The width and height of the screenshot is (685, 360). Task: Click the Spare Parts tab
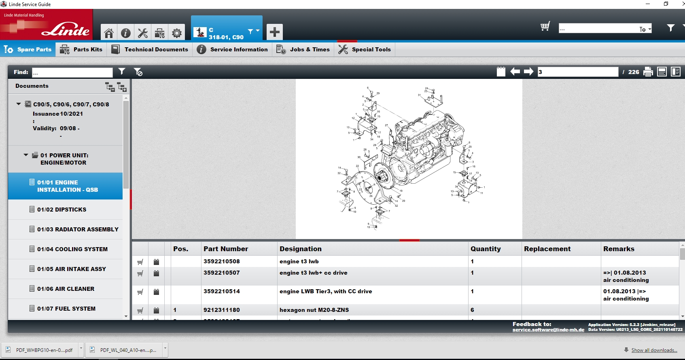pyautogui.click(x=28, y=49)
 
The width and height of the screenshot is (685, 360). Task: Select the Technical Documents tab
pyautogui.click(x=150, y=49)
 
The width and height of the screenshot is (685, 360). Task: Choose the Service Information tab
pyautogui.click(x=232, y=49)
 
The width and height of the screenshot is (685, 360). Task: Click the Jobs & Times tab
pyautogui.click(x=303, y=49)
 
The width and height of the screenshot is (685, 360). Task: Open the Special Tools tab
pyautogui.click(x=365, y=49)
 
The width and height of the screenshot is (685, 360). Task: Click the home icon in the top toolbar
pyautogui.click(x=108, y=33)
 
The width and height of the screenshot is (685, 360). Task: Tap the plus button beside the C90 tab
pyautogui.click(x=274, y=32)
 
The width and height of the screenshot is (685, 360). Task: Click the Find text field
pyautogui.click(x=72, y=72)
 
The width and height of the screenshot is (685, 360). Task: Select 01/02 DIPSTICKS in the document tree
pyautogui.click(x=62, y=210)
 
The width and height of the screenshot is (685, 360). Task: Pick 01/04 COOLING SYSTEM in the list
pyautogui.click(x=72, y=249)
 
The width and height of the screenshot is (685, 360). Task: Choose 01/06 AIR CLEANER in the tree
pyautogui.click(x=66, y=289)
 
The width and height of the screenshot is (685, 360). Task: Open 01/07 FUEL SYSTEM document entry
pyautogui.click(x=66, y=309)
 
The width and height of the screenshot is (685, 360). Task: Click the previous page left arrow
pyautogui.click(x=515, y=72)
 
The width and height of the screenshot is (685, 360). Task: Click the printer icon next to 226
pyautogui.click(x=648, y=72)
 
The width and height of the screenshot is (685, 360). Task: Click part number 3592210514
pyautogui.click(x=221, y=291)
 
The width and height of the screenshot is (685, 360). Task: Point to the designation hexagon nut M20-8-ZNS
pyautogui.click(x=314, y=310)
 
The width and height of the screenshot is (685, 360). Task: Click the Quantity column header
pyautogui.click(x=486, y=249)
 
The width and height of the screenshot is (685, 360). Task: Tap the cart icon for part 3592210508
pyautogui.click(x=140, y=262)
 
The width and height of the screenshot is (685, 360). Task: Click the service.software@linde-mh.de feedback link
pyautogui.click(x=548, y=330)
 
